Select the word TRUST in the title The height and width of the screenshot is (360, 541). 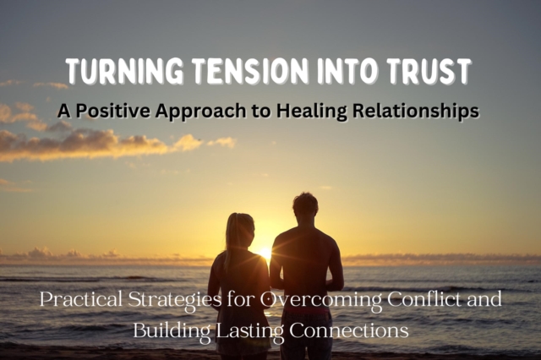430,73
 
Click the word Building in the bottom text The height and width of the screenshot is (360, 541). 167,330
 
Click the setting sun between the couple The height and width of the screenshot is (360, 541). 265,252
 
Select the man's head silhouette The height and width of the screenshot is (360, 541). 304,205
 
